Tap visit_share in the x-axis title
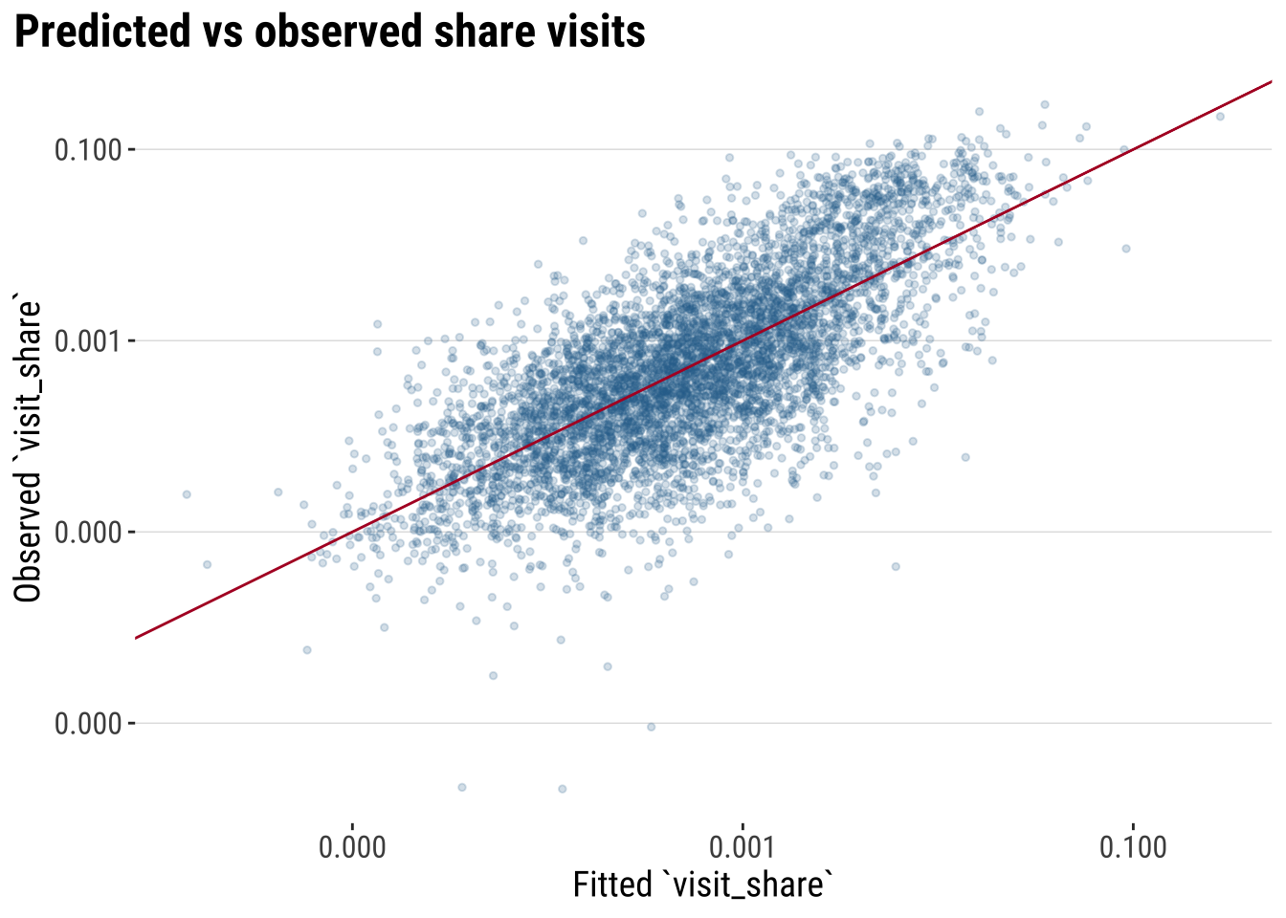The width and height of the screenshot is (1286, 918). pos(748,885)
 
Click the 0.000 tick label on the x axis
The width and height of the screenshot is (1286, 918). pos(352,848)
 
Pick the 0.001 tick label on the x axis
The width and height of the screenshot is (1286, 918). pos(742,848)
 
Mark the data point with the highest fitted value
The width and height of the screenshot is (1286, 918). pos(1220,117)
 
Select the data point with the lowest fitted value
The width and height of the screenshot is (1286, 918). pos(187,494)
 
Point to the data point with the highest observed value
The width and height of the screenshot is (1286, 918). pos(1045,104)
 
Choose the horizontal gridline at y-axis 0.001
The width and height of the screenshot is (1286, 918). pos(239,340)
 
